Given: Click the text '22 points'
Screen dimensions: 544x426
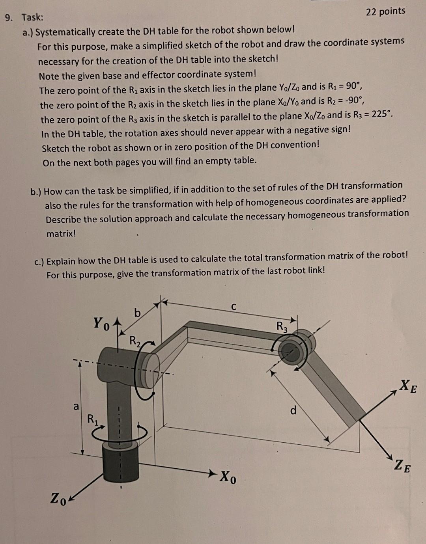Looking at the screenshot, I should click(385, 11).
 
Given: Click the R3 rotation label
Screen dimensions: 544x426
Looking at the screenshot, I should click(282, 326).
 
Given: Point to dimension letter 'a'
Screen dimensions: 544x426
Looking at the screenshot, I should click(76, 406).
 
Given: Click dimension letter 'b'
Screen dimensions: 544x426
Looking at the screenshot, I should click(137, 313).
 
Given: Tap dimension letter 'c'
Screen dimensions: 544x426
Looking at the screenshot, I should click(234, 306).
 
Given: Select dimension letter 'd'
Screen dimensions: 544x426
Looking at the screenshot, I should click(293, 410).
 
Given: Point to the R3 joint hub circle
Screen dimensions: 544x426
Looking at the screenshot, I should click(290, 349).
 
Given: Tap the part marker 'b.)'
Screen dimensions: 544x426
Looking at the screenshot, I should click(36, 192).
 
